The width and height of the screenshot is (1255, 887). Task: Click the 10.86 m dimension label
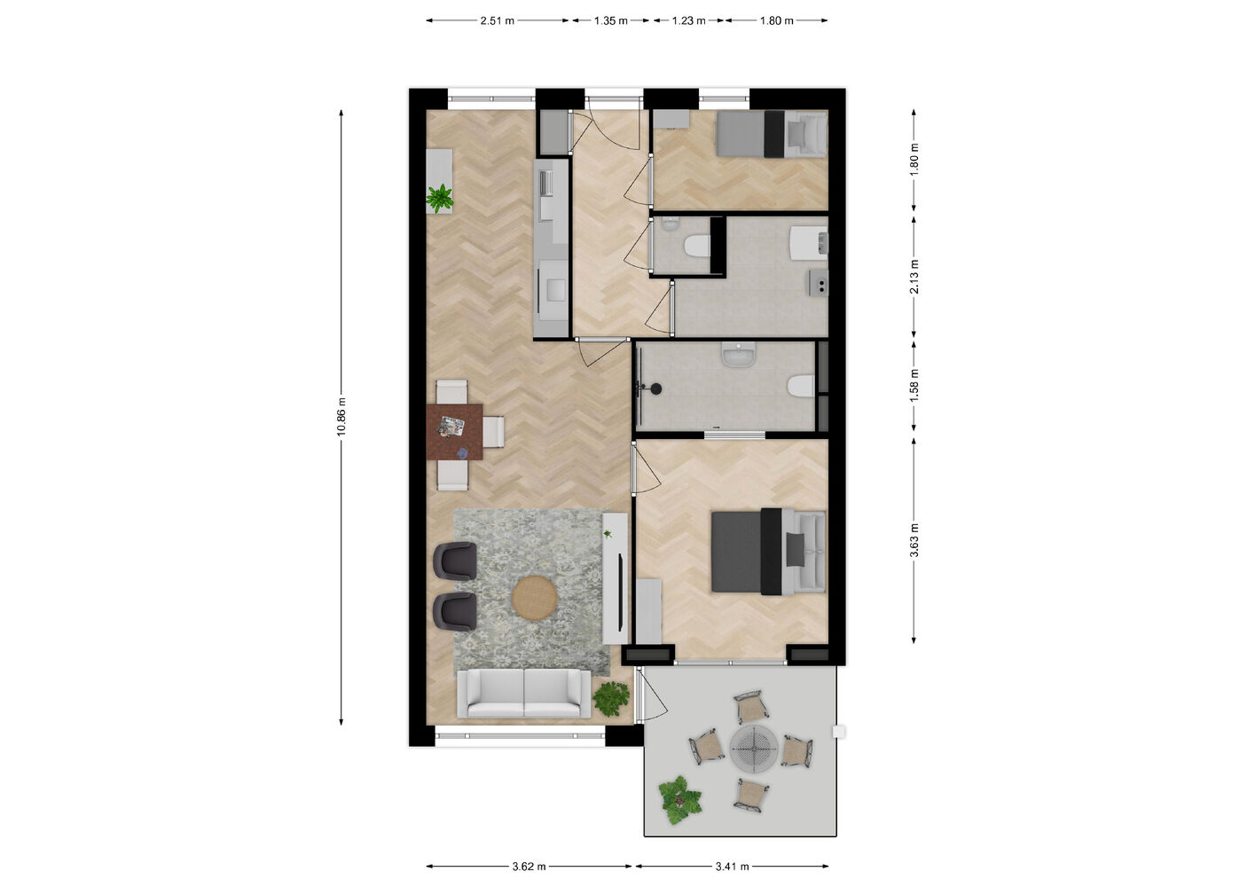[x=341, y=416]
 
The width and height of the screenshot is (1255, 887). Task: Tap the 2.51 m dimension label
[x=497, y=20]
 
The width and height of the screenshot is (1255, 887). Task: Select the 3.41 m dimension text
[x=732, y=867]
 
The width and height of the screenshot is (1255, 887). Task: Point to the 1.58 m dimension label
[x=914, y=386]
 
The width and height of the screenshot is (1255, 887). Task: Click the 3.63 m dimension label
[x=914, y=540]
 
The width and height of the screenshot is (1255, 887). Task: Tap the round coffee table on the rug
[x=535, y=598]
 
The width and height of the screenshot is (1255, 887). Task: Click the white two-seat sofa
[x=524, y=693]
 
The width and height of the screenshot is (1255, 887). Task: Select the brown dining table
[x=454, y=431]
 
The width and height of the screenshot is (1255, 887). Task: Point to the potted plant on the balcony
[x=679, y=799]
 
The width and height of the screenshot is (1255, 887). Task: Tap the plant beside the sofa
[x=611, y=698]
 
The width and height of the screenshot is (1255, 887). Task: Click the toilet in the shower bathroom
[x=801, y=386]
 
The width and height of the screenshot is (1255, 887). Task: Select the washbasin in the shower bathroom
[x=739, y=355]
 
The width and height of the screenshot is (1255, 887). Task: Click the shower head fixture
[x=654, y=389]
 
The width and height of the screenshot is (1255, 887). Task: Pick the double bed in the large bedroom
[x=768, y=552]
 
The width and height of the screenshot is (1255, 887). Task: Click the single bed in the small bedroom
[x=772, y=134]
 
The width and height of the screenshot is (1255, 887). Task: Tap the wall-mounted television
[x=621, y=592]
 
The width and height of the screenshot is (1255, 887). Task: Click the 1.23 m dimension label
[x=688, y=20]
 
